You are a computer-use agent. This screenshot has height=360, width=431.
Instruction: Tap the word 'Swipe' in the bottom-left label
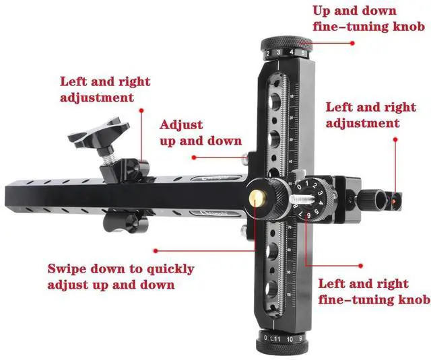point(69,269)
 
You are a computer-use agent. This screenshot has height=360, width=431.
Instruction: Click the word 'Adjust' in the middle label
point(180,125)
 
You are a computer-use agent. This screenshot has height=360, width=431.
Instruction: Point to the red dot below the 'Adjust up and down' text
point(193,157)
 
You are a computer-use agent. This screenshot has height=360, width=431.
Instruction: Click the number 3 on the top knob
point(280,52)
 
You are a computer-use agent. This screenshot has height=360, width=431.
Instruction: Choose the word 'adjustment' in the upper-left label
point(97,97)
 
